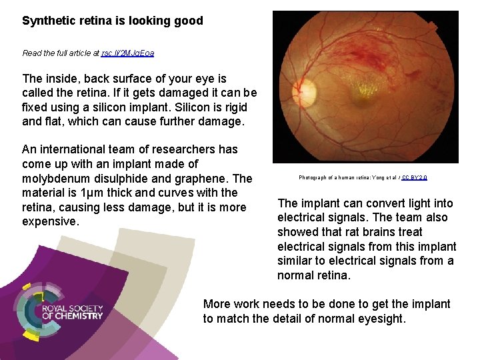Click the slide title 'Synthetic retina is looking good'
pos(112,21)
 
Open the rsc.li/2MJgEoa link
pos(127,53)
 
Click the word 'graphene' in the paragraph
pos(204,179)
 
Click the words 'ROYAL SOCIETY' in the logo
pos(72,309)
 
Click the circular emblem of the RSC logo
pos(36,313)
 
